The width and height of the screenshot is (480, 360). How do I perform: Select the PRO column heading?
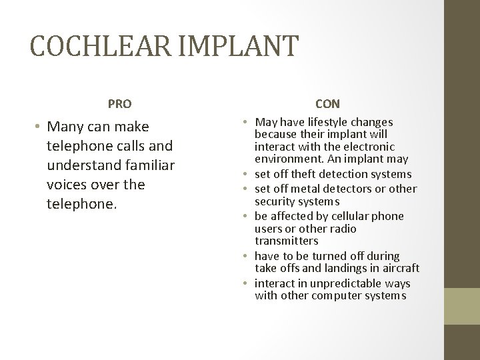coord(120,104)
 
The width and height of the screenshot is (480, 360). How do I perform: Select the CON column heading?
coord(327,104)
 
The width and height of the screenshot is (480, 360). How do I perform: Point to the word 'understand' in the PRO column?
coord(81,165)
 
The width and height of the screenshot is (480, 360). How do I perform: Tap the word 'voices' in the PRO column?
coord(67,183)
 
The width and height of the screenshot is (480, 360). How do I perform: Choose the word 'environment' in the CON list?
coord(289,159)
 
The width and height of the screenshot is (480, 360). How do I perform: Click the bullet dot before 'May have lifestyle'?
coord(247,123)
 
